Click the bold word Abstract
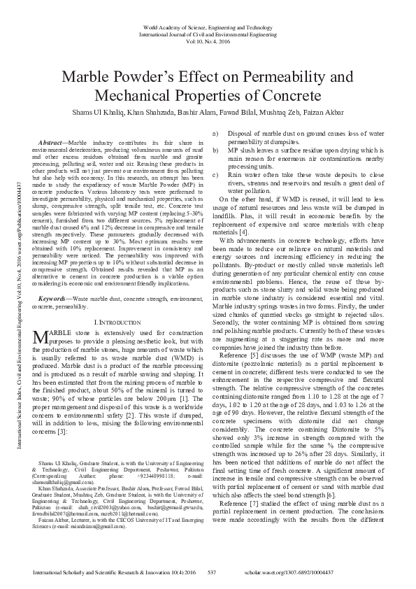[53, 143]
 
